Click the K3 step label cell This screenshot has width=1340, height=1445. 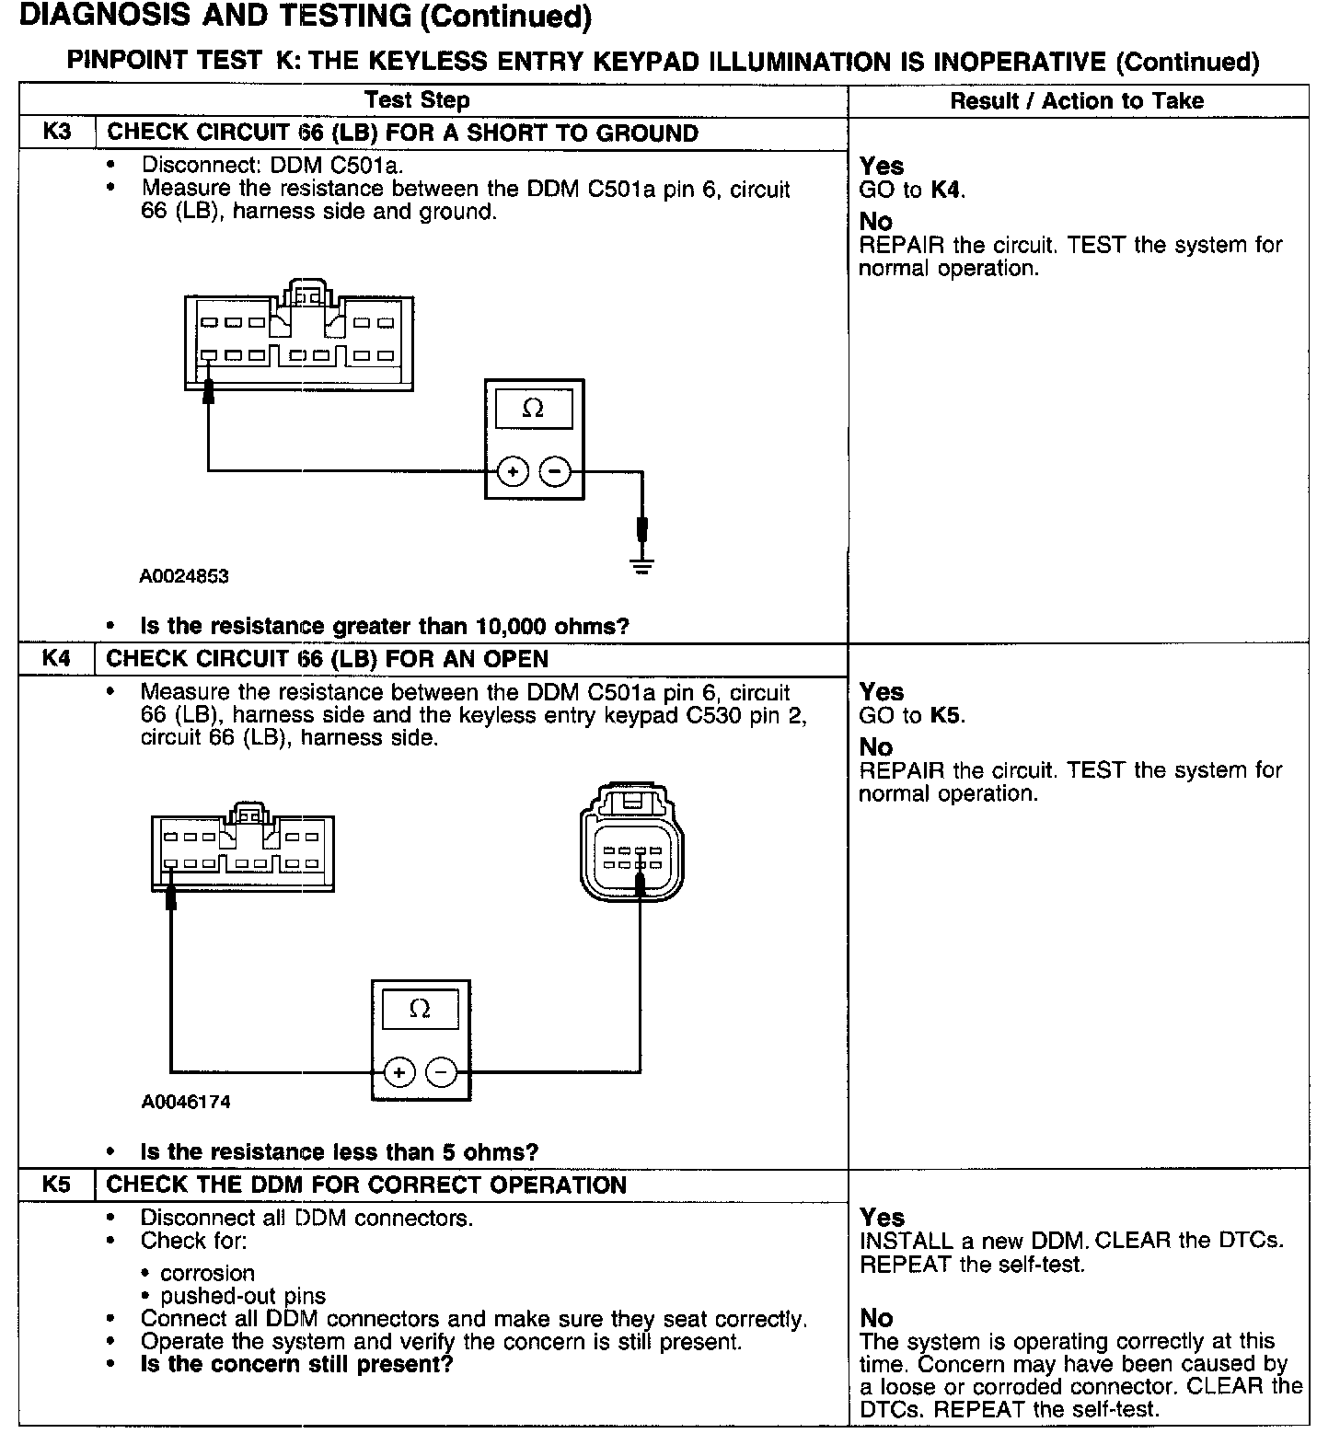56,132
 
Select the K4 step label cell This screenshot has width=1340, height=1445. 56,658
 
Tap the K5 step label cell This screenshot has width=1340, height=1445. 56,1185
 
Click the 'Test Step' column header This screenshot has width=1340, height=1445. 417,100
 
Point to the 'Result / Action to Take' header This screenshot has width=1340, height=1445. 1077,100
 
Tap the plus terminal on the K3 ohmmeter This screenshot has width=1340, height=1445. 513,472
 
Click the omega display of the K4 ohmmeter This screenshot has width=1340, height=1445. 420,1009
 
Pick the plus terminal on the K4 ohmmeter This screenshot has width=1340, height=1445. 399,1072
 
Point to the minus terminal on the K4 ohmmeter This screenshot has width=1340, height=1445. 442,1072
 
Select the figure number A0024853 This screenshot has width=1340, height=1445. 184,576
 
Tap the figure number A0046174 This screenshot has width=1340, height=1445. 186,1102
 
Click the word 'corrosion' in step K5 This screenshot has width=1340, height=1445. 207,1273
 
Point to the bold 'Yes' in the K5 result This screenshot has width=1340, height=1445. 882,1218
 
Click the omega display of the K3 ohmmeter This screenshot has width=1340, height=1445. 534,408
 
